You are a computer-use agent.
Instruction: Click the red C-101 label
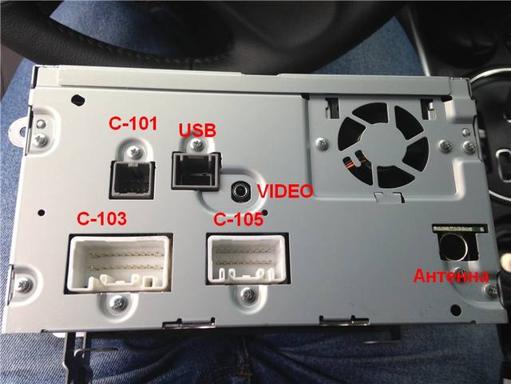click(x=133, y=123)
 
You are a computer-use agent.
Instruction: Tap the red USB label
click(x=197, y=130)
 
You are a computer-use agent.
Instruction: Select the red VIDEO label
click(x=285, y=191)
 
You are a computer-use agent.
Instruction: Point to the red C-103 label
click(x=101, y=218)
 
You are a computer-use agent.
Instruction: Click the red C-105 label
click(x=238, y=219)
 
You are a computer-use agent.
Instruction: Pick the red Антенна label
click(x=451, y=276)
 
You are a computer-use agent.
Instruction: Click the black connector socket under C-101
click(x=132, y=179)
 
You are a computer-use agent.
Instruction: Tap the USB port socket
click(x=196, y=170)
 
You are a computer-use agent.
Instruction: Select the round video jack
click(x=241, y=190)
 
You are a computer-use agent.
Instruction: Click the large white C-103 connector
click(x=119, y=263)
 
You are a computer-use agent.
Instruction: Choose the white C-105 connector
click(x=248, y=258)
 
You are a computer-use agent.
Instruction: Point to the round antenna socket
click(x=454, y=247)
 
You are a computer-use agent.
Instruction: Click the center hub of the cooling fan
click(x=383, y=145)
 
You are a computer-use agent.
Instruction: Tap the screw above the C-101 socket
click(x=135, y=152)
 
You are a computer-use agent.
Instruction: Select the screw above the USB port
click(x=196, y=145)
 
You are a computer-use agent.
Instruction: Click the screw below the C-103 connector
click(x=118, y=302)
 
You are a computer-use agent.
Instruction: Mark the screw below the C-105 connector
click(x=248, y=294)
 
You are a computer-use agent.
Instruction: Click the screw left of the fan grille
click(x=322, y=144)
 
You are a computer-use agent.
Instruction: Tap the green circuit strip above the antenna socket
click(x=460, y=228)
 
